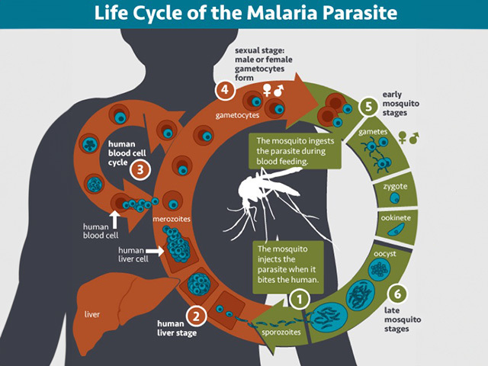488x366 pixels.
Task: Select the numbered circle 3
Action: (x=140, y=169)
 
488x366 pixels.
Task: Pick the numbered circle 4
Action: (x=224, y=91)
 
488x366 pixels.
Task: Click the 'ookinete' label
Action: (x=397, y=219)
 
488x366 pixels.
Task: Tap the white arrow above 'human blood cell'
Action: (x=114, y=218)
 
